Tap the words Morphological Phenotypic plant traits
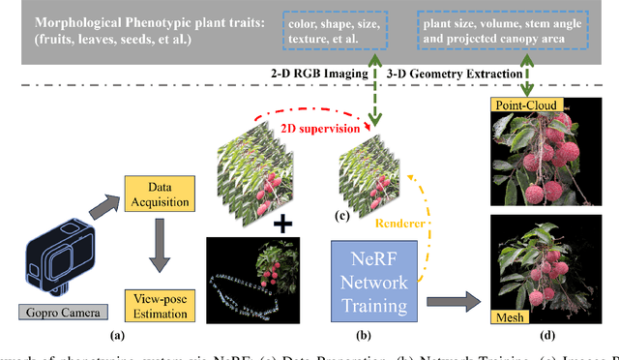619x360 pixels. tap(127, 22)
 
